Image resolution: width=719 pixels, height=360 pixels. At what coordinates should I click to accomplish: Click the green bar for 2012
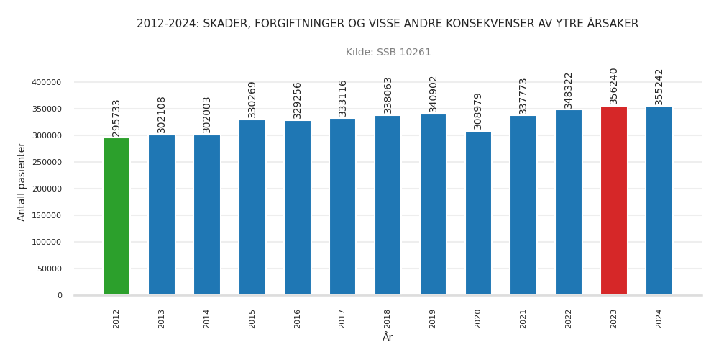pyautogui.click(x=116, y=217)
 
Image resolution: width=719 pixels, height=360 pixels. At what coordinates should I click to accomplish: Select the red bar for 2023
pyautogui.click(x=614, y=201)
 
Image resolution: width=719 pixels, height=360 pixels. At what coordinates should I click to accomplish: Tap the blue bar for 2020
pyautogui.click(x=478, y=213)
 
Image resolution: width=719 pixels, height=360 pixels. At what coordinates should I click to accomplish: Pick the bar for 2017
pyautogui.click(x=342, y=207)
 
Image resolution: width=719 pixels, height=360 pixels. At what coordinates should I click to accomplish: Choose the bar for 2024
pyautogui.click(x=659, y=201)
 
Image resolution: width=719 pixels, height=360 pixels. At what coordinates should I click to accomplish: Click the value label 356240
pyautogui.click(x=614, y=86)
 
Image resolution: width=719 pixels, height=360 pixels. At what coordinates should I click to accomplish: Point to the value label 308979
pyautogui.click(x=478, y=111)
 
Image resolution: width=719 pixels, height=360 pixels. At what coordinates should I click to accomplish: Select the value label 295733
pyautogui.click(x=116, y=118)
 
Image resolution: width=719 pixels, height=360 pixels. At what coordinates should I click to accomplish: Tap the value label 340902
pyautogui.click(x=433, y=94)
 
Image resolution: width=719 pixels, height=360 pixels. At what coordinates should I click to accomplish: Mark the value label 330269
pyautogui.click(x=252, y=99)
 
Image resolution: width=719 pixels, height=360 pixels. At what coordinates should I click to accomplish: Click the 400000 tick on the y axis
pyautogui.click(x=47, y=83)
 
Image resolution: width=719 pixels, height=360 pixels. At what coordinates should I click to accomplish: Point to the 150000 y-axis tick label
pyautogui.click(x=47, y=216)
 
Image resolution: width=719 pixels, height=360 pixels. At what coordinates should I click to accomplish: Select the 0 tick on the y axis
pyautogui.click(x=60, y=296)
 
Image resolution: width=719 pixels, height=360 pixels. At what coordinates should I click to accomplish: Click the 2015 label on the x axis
pyautogui.click(x=252, y=319)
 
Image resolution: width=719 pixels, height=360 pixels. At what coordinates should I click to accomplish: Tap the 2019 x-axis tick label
pyautogui.click(x=433, y=319)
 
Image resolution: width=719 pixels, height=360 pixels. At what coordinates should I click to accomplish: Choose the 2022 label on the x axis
pyautogui.click(x=569, y=319)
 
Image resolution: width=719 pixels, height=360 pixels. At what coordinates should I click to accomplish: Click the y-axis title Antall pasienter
pyautogui.click(x=22, y=181)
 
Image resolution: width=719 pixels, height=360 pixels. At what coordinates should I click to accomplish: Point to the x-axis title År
pyautogui.click(x=388, y=338)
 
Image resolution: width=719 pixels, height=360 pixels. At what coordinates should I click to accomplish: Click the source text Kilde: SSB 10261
pyautogui.click(x=388, y=53)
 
